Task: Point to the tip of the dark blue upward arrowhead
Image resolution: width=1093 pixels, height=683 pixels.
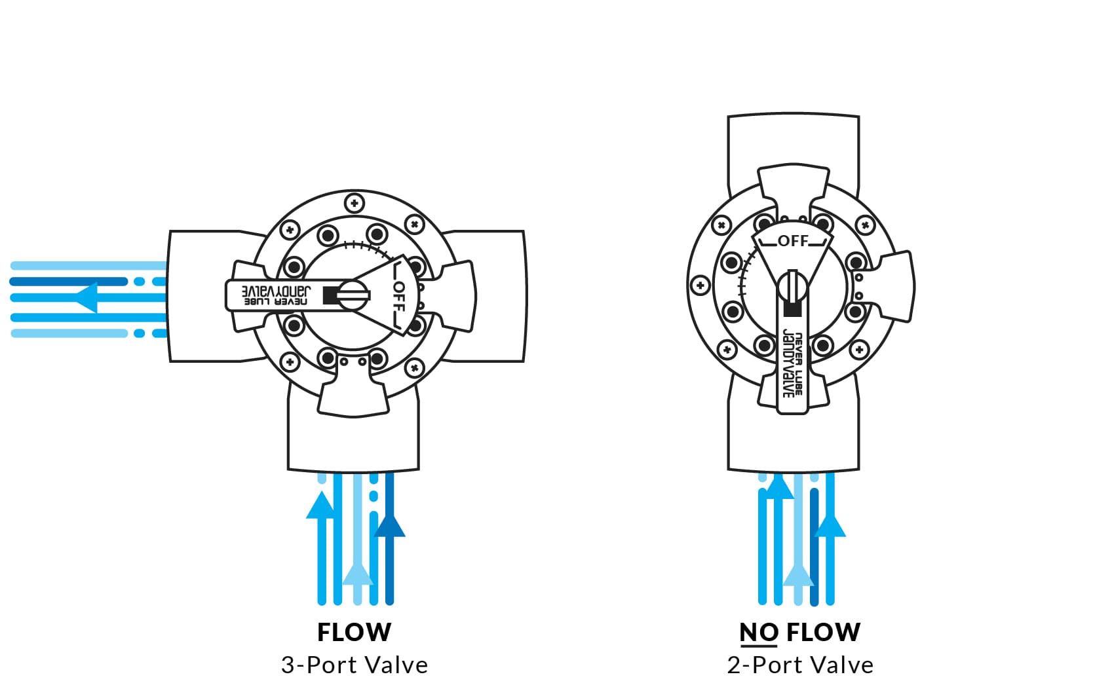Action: [x=389, y=515]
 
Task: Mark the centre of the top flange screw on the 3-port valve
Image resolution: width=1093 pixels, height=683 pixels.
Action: [x=355, y=203]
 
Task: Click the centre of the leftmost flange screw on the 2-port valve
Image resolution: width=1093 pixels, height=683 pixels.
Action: [x=700, y=286]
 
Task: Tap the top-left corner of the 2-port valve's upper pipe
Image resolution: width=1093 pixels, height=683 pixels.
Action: [x=728, y=116]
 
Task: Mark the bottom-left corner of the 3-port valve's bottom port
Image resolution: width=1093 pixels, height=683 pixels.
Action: [x=288, y=470]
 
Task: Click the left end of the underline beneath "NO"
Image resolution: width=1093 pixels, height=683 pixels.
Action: [x=740, y=646]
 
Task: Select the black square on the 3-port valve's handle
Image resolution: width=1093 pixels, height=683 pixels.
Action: [x=330, y=295]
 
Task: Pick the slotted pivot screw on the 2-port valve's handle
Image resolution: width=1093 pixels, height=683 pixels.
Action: [x=792, y=286]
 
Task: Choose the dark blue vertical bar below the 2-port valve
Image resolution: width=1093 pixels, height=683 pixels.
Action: [x=814, y=547]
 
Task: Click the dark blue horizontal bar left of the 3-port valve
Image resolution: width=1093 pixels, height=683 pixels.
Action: [x=69, y=282]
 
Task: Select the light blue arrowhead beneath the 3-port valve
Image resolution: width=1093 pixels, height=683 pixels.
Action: [x=358, y=574]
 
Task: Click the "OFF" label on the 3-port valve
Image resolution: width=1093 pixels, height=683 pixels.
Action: [x=399, y=296]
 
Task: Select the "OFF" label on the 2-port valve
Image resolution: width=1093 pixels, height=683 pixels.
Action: [x=793, y=241]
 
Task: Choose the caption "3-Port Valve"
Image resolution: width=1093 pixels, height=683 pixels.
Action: [x=355, y=665]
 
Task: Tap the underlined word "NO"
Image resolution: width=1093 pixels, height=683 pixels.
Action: [x=759, y=633]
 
